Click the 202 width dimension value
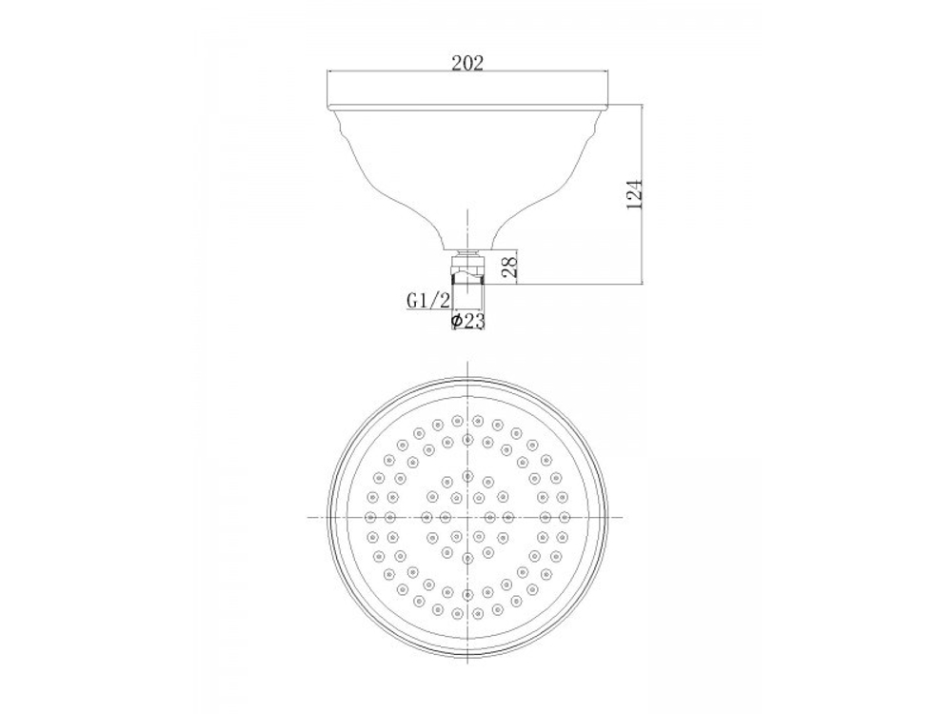[x=467, y=64]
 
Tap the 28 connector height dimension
[x=509, y=264]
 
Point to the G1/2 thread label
[x=427, y=301]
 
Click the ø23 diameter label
[x=467, y=322]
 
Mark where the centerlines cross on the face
[x=467, y=517]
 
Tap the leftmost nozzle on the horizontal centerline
[x=370, y=517]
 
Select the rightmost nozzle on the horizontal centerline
[x=565, y=517]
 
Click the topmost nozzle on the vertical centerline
[x=467, y=419]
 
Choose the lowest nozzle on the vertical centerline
[x=467, y=614]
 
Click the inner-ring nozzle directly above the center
[x=467, y=475]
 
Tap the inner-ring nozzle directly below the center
[x=467, y=558]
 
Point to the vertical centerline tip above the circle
[x=467, y=367]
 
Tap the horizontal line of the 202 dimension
[x=400, y=71]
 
